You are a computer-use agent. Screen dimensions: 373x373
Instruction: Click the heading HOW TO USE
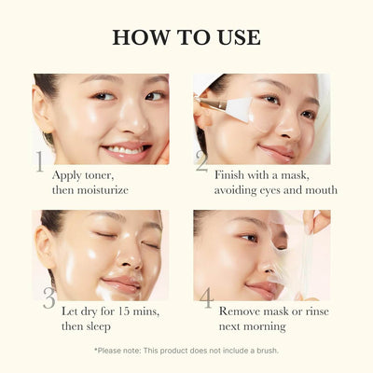coord(186,37)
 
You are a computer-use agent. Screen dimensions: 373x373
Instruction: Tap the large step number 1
coord(40,162)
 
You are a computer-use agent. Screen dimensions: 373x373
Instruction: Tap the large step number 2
coord(201,162)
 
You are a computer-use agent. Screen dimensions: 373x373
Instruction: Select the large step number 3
coord(48,297)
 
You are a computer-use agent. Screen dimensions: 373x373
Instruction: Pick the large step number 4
coord(206,297)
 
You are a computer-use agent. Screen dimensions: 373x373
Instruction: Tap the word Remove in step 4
coord(242,310)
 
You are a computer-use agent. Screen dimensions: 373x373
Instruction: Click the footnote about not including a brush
coord(186,351)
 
